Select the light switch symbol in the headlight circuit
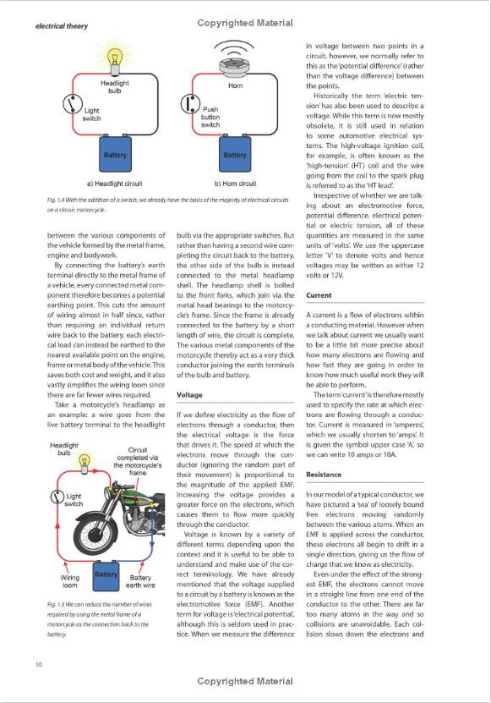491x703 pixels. click(x=72, y=104)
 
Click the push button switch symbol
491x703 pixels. click(x=190, y=103)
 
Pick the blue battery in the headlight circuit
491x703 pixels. click(x=115, y=153)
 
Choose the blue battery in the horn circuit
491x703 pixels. click(x=235, y=153)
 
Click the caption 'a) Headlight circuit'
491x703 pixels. click(x=114, y=184)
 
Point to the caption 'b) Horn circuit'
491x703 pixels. click(x=235, y=184)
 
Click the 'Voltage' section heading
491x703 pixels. click(x=189, y=395)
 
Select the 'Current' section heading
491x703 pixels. click(x=319, y=295)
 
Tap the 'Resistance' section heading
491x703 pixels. click(x=324, y=475)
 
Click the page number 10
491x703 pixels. click(x=39, y=664)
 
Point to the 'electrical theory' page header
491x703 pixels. click(x=62, y=26)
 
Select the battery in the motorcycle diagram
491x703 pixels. click(x=106, y=575)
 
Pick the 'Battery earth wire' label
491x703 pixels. click(x=140, y=581)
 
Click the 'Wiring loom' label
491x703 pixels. click(x=70, y=581)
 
